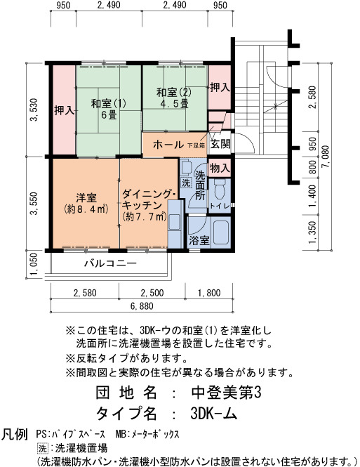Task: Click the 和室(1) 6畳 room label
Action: tap(109, 109)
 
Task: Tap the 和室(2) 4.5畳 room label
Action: tap(174, 98)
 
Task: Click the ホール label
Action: tap(168, 145)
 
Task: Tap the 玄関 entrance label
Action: tap(220, 144)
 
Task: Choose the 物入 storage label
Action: tap(220, 169)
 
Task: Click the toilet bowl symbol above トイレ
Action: tap(220, 190)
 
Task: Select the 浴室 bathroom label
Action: tap(199, 240)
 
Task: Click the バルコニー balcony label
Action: tap(110, 263)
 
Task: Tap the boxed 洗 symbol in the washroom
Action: tap(186, 183)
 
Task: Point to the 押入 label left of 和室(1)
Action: tap(64, 111)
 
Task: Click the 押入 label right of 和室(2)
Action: tap(220, 87)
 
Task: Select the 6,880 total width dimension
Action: tap(142, 306)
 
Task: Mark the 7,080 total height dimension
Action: tap(325, 157)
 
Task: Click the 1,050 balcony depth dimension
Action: tap(34, 265)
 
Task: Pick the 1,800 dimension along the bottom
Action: tap(209, 293)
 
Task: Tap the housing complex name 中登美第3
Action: tap(227, 393)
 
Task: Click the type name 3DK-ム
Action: tap(213, 413)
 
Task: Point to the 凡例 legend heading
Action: tap(15, 434)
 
